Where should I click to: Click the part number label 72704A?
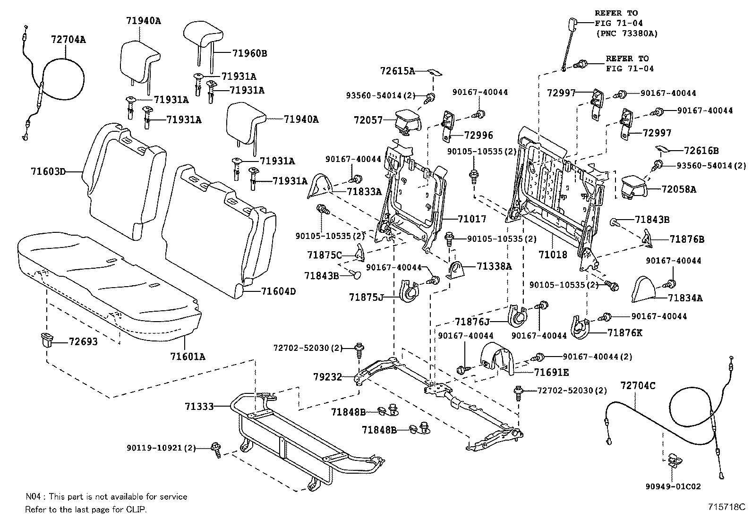pos(68,40)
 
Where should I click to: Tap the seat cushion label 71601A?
pos(188,357)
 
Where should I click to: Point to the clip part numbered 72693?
pos(46,340)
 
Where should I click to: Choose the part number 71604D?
pos(278,291)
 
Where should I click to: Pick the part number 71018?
pos(553,255)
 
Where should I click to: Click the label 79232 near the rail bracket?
pos(327,377)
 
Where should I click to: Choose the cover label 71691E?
pos(551,373)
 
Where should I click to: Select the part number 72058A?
pos(679,189)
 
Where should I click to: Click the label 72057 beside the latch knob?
pos(368,120)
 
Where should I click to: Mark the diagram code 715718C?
pos(726,507)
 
